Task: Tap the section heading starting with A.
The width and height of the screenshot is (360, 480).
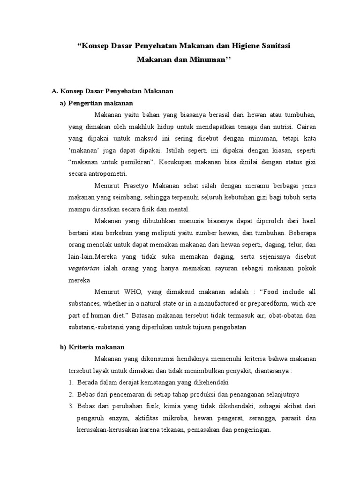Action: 112,91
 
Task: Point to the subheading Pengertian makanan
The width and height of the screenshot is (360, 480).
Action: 101,103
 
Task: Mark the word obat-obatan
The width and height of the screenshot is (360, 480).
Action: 285,315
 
